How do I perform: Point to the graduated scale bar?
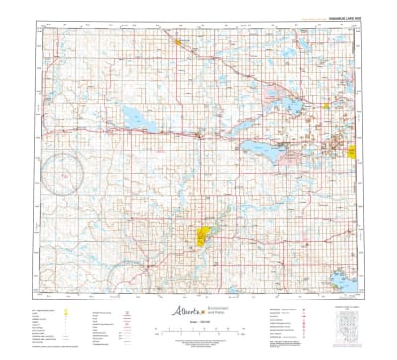(x=198, y=331)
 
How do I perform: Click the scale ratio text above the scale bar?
(x=198, y=324)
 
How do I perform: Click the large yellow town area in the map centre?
(x=204, y=236)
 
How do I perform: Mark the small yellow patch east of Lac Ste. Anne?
(x=329, y=107)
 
